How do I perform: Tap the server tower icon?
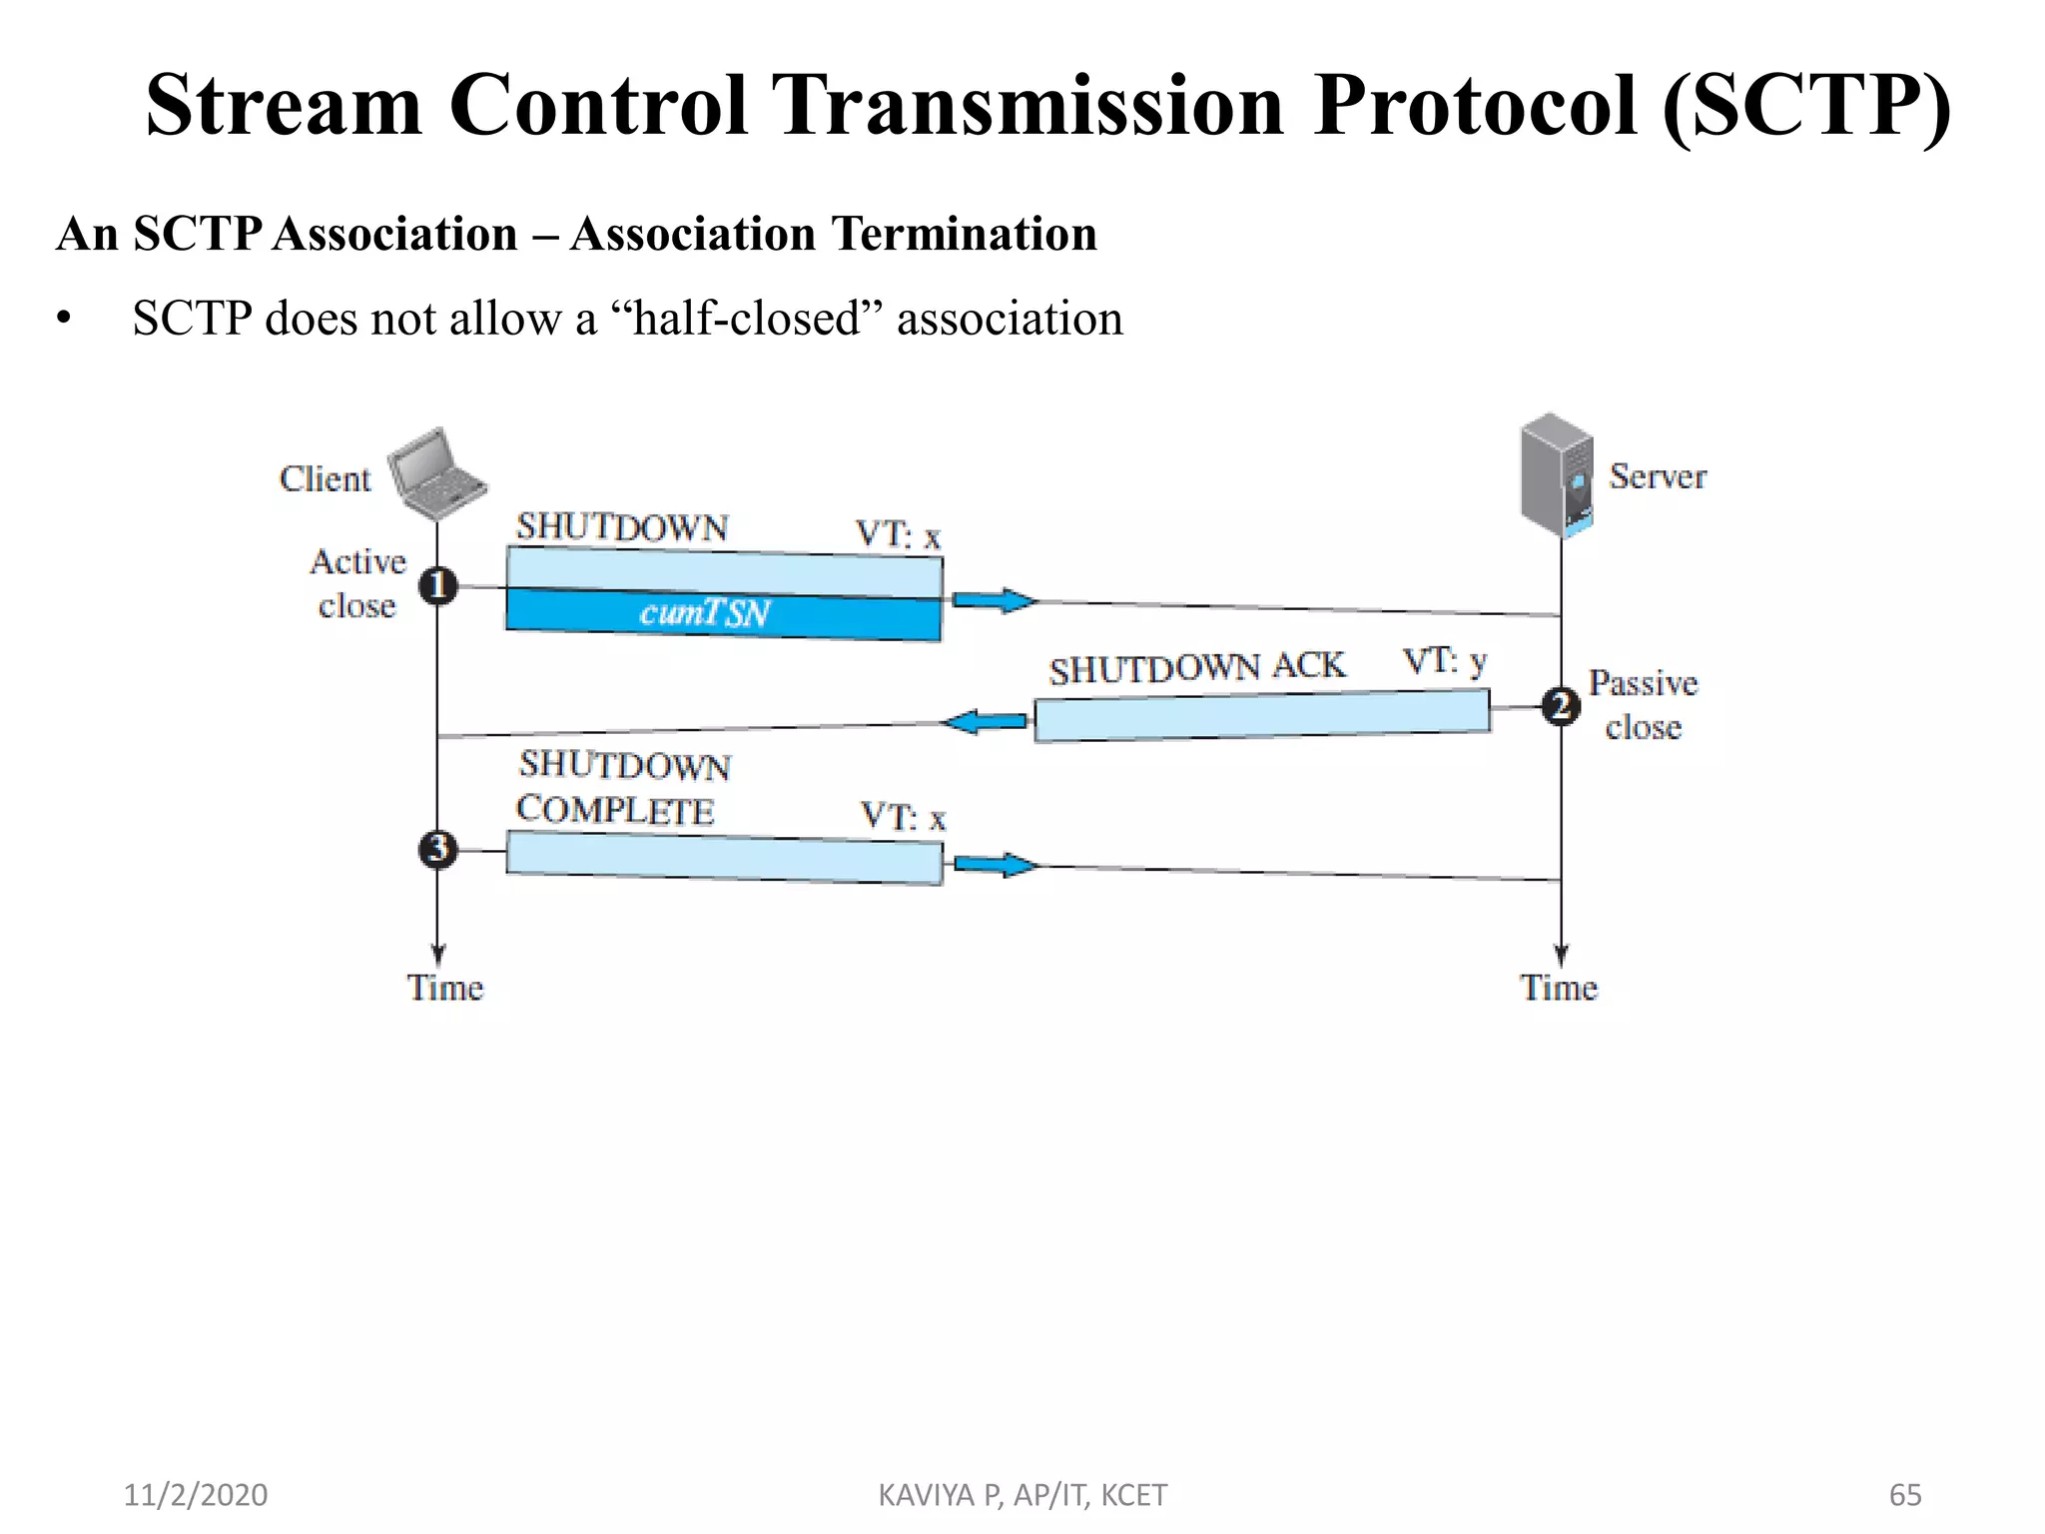pos(1556,475)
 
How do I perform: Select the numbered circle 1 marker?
pos(437,585)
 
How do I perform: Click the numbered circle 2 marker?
pos(1560,707)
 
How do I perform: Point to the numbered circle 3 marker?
pos(437,850)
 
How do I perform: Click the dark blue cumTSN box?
pos(723,612)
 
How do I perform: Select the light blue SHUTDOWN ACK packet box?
pos(1261,716)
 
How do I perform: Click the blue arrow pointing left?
pos(986,721)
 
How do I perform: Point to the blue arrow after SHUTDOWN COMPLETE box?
pos(996,864)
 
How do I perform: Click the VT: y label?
pos(1444,661)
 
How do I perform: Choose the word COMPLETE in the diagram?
pos(615,810)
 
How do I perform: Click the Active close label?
pos(357,583)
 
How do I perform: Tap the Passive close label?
pos(1643,705)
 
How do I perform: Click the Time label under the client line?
pos(444,988)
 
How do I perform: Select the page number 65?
pos(1905,1495)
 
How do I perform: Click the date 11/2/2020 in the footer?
pos(195,1495)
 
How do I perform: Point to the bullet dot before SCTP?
pos(65,320)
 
